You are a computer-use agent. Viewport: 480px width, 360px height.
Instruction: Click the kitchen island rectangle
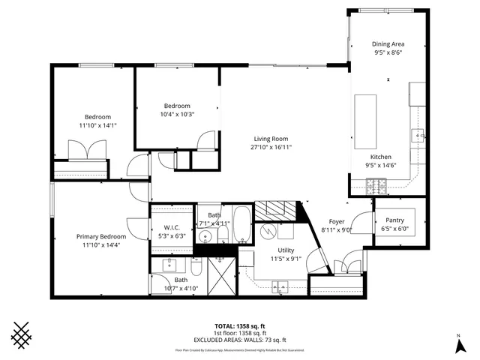pos(365,121)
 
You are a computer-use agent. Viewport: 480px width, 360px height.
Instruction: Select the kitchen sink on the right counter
pos(417,136)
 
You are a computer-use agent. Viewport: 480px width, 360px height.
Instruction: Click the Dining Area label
pos(388,44)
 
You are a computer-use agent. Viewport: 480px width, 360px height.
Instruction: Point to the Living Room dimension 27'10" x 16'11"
pos(271,148)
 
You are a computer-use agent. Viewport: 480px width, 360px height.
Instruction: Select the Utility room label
pos(286,250)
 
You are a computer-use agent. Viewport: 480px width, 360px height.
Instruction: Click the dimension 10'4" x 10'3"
pos(178,114)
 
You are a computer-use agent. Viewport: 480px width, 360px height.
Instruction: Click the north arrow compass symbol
pos(458,344)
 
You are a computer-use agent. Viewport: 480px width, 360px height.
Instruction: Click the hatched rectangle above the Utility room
pos(278,211)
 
